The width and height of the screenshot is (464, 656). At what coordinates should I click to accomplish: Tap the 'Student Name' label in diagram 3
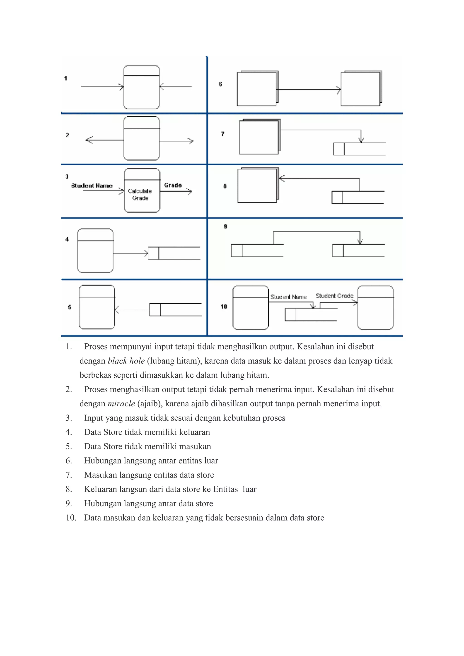(92, 186)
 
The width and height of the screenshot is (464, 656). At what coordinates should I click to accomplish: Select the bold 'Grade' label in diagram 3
(173, 185)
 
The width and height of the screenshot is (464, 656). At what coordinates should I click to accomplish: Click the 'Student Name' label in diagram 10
(288, 297)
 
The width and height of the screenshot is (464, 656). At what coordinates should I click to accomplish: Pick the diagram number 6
(220, 84)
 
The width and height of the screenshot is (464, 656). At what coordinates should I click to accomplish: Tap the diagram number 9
(225, 227)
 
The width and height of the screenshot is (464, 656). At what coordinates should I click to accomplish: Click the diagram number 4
(67, 239)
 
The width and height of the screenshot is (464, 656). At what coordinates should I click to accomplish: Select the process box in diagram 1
(141, 87)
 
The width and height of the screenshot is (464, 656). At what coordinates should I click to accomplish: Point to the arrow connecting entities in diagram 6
(309, 90)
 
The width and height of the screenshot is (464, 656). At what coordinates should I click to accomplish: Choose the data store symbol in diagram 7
(359, 149)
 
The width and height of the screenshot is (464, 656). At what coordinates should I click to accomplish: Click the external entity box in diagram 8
(257, 186)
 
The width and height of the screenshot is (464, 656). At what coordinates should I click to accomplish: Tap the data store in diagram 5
(175, 310)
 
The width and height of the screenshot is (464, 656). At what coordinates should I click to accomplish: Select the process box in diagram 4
(95, 251)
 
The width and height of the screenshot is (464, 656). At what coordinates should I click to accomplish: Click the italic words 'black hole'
(126, 361)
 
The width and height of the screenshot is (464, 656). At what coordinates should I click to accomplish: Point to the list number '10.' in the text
(71, 518)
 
